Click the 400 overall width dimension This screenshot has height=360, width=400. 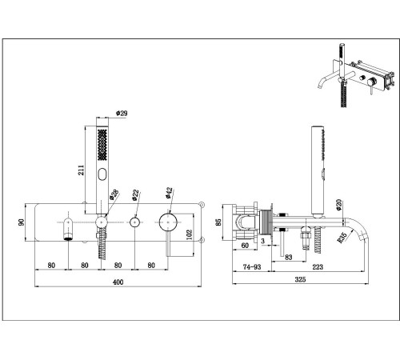(x=118, y=282)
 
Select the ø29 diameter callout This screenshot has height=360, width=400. (x=122, y=113)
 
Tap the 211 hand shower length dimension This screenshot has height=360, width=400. (x=81, y=170)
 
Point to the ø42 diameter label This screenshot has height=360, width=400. (x=169, y=193)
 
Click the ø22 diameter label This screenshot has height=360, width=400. (x=135, y=195)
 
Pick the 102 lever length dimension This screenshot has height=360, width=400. (x=189, y=235)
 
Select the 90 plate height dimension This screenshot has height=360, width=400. (x=21, y=222)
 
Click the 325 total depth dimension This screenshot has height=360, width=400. (x=300, y=279)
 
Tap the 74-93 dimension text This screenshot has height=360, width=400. (x=252, y=267)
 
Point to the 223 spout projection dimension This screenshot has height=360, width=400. (x=318, y=267)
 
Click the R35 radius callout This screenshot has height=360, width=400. (x=342, y=238)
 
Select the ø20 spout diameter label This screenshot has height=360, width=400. (x=338, y=205)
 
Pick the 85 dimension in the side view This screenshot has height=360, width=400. (x=218, y=222)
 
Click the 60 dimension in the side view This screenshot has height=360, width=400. (x=245, y=246)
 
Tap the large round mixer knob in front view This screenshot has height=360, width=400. (x=168, y=222)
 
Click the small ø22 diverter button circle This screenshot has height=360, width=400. (x=135, y=222)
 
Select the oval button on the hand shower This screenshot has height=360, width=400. (x=102, y=174)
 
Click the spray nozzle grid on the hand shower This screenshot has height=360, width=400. (x=102, y=145)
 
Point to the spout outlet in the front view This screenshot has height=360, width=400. (x=69, y=238)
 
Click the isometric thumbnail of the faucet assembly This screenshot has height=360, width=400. (x=356, y=75)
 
